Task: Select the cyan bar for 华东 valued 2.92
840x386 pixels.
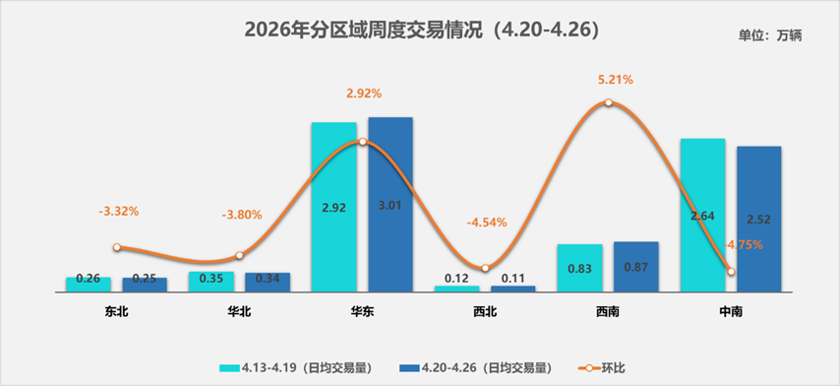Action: [333, 207]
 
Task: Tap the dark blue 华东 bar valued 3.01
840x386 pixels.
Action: [390, 204]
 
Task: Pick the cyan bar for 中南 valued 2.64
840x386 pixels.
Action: [702, 215]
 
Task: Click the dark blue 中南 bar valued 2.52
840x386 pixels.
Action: [758, 219]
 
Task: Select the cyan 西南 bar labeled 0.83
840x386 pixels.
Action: [579, 268]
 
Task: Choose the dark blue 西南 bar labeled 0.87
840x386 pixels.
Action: [636, 267]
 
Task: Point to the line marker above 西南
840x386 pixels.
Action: [609, 102]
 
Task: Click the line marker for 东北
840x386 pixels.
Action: [117, 247]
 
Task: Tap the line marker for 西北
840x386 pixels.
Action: [485, 268]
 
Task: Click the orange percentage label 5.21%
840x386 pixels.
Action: [609, 79]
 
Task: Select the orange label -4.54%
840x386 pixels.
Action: [487, 222]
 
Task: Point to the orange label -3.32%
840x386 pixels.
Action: [119, 211]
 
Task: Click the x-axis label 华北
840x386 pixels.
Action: [239, 310]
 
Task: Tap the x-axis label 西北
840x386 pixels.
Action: [485, 310]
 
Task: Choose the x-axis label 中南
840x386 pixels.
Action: [730, 310]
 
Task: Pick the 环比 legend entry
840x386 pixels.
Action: [600, 367]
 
